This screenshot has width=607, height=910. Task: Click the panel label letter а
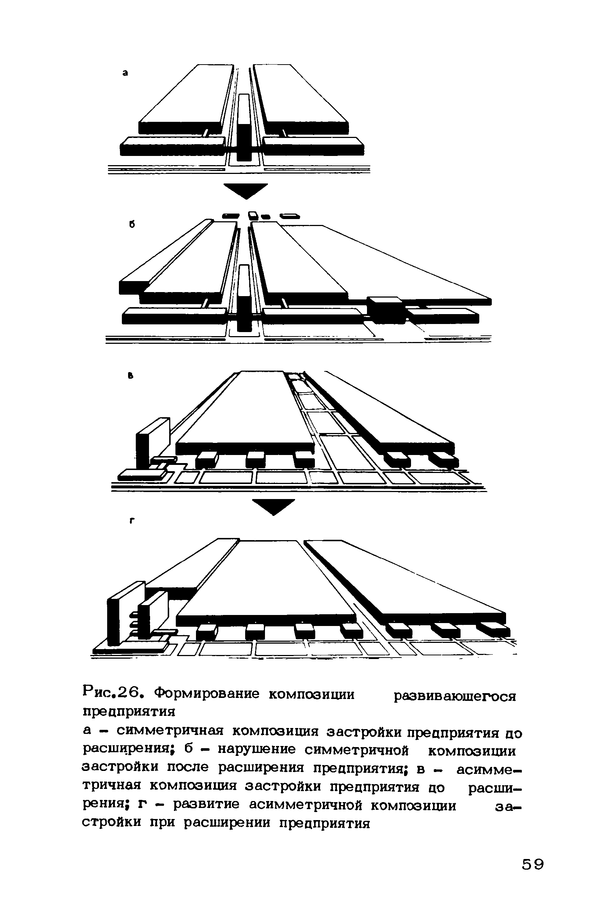125,72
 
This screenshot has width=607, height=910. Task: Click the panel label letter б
132,224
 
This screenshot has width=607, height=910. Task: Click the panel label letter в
131,375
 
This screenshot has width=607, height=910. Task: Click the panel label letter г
132,521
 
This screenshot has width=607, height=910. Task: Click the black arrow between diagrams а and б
246,190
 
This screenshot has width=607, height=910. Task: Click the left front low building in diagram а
172,146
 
